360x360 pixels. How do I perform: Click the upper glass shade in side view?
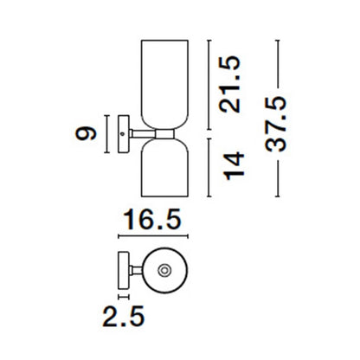[x=161, y=83]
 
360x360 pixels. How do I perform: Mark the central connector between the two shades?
[x=161, y=133]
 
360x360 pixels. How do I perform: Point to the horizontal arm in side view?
[x=138, y=133]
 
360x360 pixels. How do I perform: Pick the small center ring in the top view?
[x=164, y=272]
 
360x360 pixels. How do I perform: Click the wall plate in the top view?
[x=119, y=272]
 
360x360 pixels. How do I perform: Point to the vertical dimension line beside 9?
[x=106, y=133]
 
